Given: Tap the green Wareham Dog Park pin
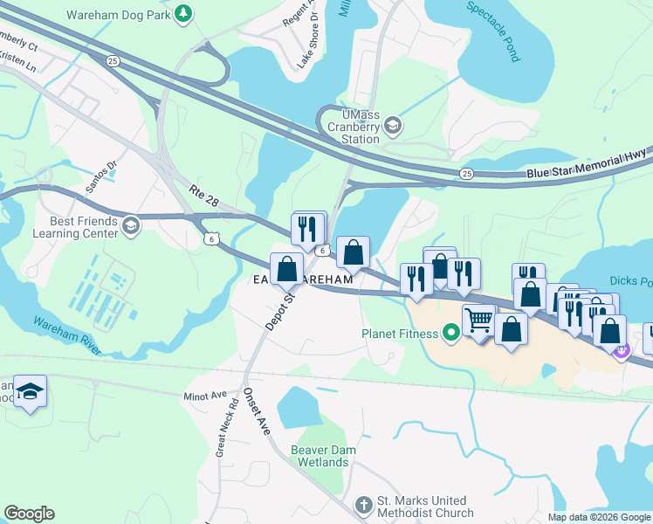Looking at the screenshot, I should tap(183, 13).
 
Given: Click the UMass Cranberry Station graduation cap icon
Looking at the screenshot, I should tap(393, 128).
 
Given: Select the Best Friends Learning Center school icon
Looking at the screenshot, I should tap(130, 227).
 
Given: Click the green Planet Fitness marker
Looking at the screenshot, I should tap(450, 332).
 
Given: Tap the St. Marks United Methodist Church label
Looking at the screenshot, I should tap(424, 507).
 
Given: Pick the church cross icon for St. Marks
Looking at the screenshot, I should tap(364, 505).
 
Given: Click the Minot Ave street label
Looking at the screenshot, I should tap(205, 396).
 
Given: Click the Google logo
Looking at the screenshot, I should tap(29, 514).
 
